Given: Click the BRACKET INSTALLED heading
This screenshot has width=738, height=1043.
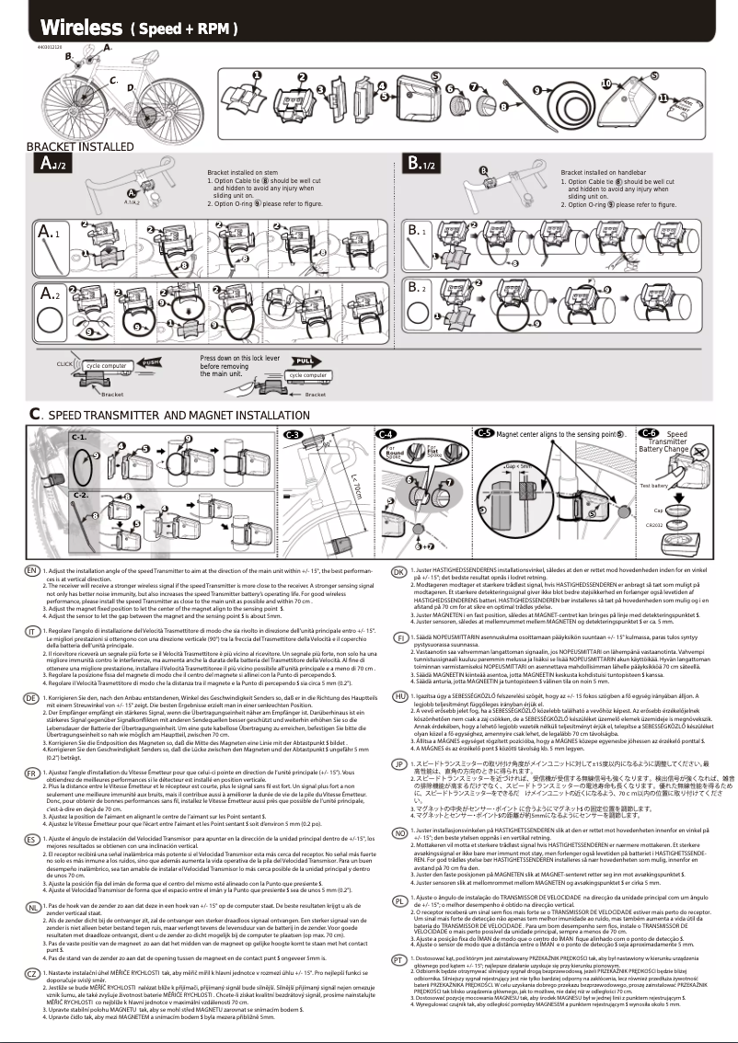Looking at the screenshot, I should [67, 146].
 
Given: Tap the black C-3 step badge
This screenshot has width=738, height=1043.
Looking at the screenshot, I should [294, 433].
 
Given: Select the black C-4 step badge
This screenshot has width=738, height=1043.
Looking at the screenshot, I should [386, 433].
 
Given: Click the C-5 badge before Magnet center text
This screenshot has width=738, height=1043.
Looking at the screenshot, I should [484, 432].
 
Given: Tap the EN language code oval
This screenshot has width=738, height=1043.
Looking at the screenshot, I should [32, 570].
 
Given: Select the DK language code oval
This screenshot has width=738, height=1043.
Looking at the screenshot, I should [399, 572].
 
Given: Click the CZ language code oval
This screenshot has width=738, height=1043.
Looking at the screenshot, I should [32, 972].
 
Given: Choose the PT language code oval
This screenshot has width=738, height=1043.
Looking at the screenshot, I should [399, 958].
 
